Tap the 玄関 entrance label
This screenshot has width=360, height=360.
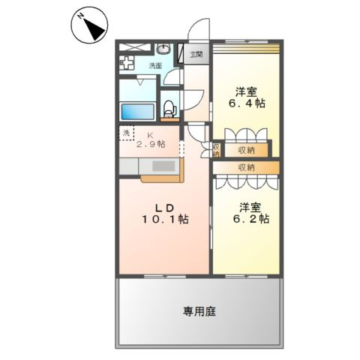[x=196, y=54]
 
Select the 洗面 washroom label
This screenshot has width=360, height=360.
[x=155, y=65]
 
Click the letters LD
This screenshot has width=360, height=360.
[x=164, y=207]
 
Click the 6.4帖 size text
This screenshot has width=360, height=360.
[x=247, y=103]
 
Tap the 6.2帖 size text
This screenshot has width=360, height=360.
[x=254, y=219]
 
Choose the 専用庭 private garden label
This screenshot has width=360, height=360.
[x=199, y=310]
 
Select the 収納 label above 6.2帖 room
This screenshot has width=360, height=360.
[x=247, y=166]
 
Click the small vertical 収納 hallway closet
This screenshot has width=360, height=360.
[x=215, y=151]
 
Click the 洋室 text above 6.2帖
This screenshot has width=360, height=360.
[x=251, y=206]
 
